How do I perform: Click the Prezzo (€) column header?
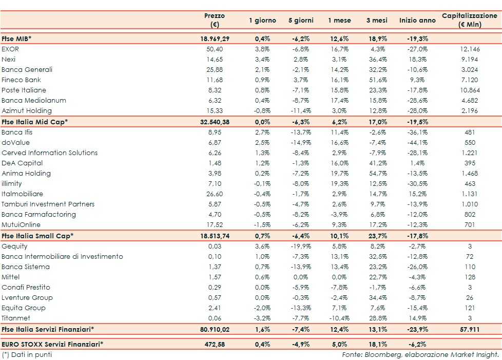click(x=214, y=20)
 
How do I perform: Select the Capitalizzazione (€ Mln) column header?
click(x=469, y=20)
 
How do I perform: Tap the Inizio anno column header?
click(x=417, y=21)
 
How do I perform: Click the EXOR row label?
click(x=10, y=49)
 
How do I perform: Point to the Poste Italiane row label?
click(x=24, y=90)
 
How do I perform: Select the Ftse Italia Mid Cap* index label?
click(x=34, y=121)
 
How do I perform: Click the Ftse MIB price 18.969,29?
click(x=214, y=39)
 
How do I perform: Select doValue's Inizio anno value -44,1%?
click(x=417, y=142)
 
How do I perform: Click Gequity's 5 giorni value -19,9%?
click(x=300, y=246)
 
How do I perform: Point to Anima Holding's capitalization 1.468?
click(x=469, y=173)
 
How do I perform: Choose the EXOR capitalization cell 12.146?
click(x=469, y=49)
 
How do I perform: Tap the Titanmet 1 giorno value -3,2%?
click(x=262, y=318)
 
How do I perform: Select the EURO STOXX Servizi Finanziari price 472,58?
click(x=214, y=344)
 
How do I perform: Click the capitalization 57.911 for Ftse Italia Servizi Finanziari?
click(x=469, y=329)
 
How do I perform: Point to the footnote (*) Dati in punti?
click(x=27, y=354)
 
